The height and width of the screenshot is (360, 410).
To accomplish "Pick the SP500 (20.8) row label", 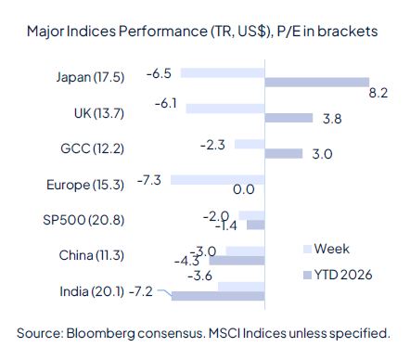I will (x=95, y=220).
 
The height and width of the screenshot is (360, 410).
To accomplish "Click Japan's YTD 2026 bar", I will (x=317, y=83).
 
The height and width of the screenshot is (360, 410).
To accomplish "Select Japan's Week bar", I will (x=223, y=71).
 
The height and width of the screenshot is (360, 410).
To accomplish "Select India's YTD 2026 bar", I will (x=219, y=297).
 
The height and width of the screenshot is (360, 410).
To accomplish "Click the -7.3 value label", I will (x=149, y=179).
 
